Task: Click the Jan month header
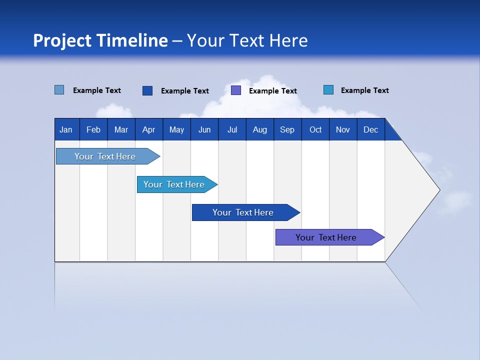click(x=66, y=129)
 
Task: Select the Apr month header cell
click(x=148, y=129)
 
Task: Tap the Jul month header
click(x=232, y=129)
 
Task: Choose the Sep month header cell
click(x=287, y=129)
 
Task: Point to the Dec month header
click(x=370, y=129)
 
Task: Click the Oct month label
click(x=315, y=129)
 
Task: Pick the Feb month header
click(x=93, y=129)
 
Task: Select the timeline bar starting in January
click(x=105, y=156)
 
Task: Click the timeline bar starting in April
click(x=174, y=184)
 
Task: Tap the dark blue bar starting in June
click(x=243, y=212)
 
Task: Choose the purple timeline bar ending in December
click(x=326, y=237)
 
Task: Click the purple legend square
click(x=236, y=90)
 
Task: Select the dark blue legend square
click(x=147, y=90)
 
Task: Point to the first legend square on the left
click(x=59, y=90)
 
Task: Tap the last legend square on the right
click(x=328, y=90)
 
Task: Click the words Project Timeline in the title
click(x=100, y=40)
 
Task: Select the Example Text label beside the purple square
click(x=273, y=91)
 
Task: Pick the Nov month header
click(x=343, y=129)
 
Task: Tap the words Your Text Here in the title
click(x=247, y=40)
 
